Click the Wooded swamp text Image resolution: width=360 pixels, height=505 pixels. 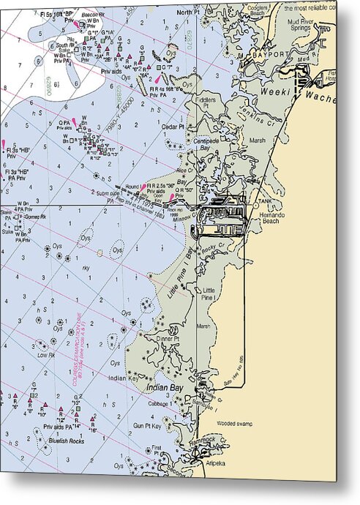[234, 423]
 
